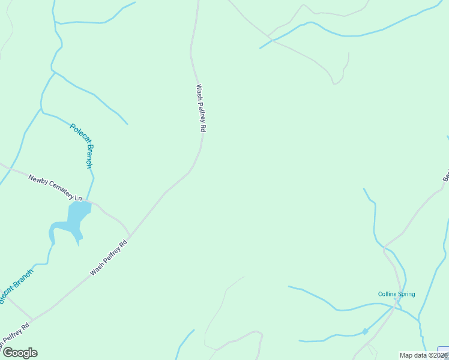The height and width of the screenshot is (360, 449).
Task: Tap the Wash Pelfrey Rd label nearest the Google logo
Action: tap(14, 338)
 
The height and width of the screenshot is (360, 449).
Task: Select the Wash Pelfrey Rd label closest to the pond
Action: tap(109, 259)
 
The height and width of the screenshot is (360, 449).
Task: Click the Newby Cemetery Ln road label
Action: tap(55, 187)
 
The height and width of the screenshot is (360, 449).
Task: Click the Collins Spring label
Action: tap(396, 294)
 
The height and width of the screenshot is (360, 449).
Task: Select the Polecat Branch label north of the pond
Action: tap(82, 145)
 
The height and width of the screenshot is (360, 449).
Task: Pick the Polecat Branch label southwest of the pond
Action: tap(14, 287)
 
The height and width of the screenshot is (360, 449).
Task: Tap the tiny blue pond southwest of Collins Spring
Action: tap(365, 331)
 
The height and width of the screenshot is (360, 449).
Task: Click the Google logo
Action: tap(20, 353)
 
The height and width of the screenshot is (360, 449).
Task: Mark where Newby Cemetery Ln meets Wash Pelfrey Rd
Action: tap(129, 236)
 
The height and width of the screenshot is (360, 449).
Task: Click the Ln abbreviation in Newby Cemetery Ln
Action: tap(78, 197)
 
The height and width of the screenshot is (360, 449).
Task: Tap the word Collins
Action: tap(387, 294)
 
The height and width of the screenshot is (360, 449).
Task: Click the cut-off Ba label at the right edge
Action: tap(446, 176)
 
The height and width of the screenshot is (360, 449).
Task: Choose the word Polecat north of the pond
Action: tap(77, 134)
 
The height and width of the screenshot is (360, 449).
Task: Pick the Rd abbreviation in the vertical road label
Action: tap(203, 127)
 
